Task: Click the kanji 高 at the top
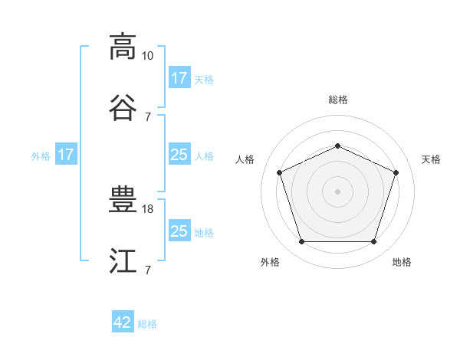(x=123, y=47)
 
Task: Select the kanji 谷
(x=123, y=108)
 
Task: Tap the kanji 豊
(x=123, y=199)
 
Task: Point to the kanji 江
(x=123, y=260)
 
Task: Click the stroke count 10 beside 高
(x=147, y=56)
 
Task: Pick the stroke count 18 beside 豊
(x=147, y=209)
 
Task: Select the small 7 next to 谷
(x=148, y=117)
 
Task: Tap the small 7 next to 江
(x=148, y=270)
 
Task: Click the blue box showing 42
(x=123, y=321)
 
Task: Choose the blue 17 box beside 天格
(x=180, y=77)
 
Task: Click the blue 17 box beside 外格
(x=66, y=154)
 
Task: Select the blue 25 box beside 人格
(x=180, y=154)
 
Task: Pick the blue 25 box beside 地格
(x=180, y=230)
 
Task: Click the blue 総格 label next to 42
(x=147, y=324)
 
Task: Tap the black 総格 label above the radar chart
(x=338, y=100)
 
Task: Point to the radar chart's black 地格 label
(x=402, y=262)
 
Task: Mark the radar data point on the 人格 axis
(x=280, y=172)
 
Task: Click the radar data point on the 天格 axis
(x=396, y=172)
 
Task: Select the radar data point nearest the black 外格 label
(x=302, y=241)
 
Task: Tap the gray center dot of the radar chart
(x=337, y=191)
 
